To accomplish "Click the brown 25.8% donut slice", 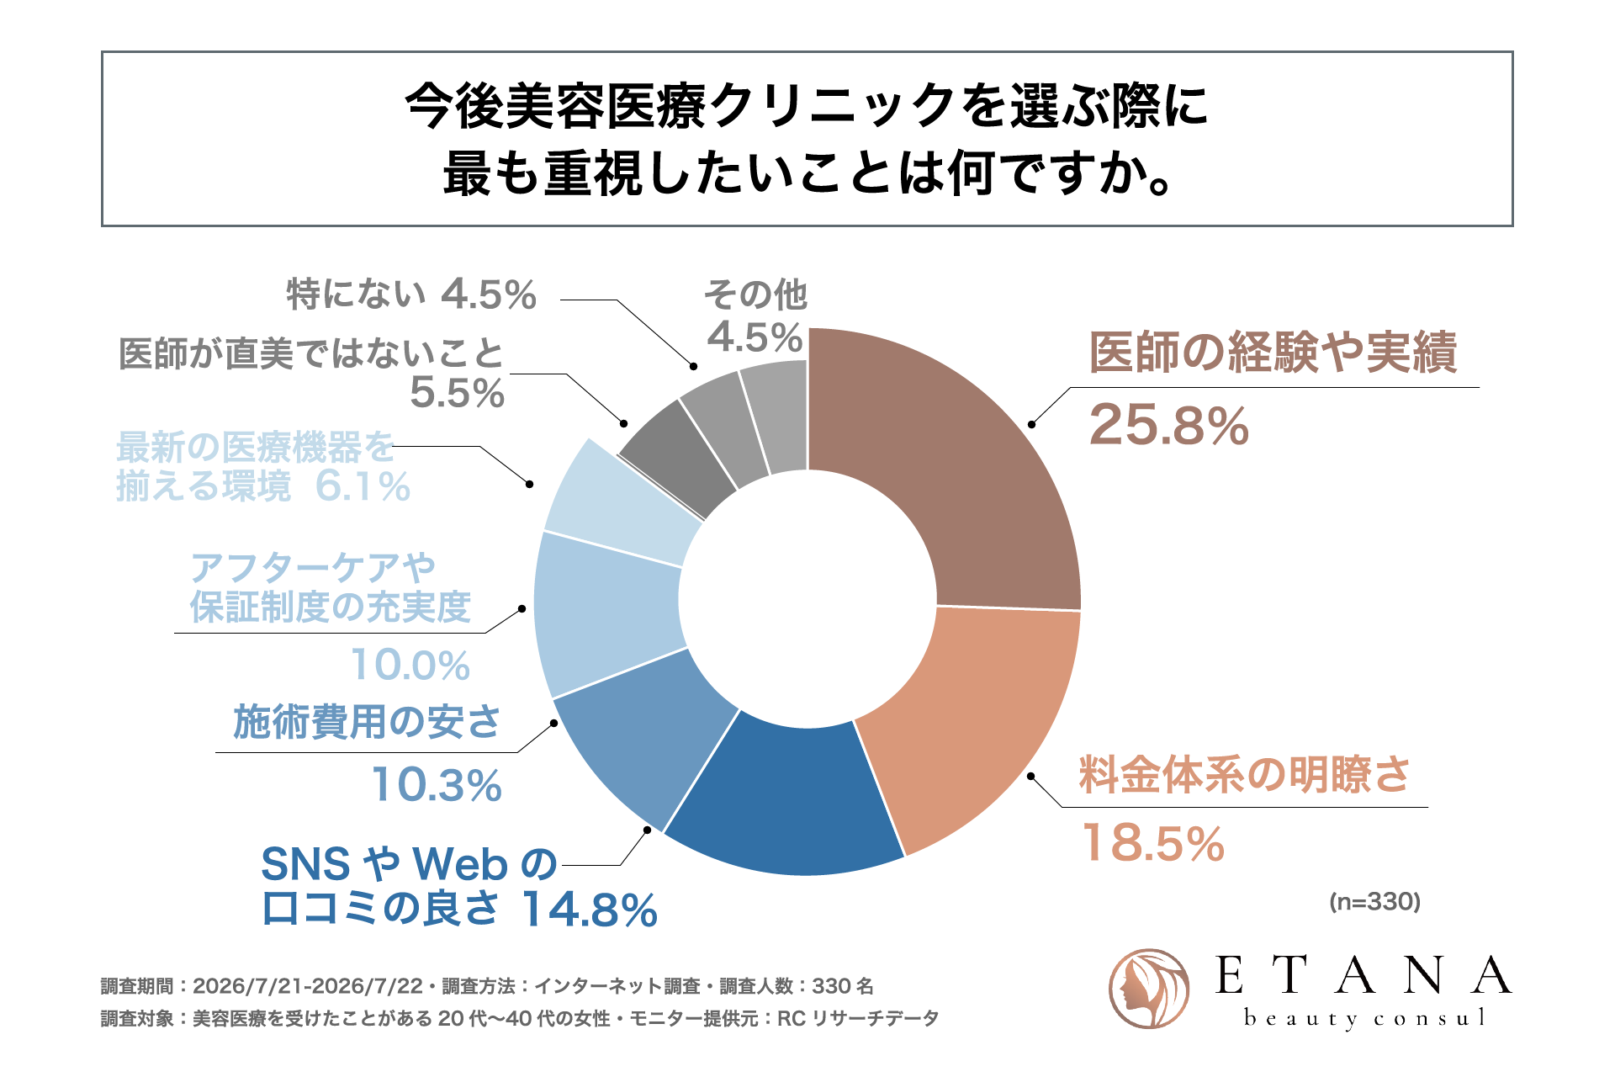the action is click(967, 471).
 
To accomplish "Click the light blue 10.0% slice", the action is click(606, 614).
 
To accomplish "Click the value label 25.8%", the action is click(1168, 426).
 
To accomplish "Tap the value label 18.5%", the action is click(1152, 843).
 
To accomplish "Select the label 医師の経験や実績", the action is click(1273, 352).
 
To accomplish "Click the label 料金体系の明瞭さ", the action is click(1244, 774).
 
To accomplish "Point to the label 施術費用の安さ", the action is click(367, 722).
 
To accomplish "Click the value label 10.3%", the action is click(437, 785).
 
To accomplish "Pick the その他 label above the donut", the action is click(755, 294).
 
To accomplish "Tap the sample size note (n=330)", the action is click(1374, 902).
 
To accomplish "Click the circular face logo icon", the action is click(1149, 989).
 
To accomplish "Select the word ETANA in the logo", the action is click(1363, 975).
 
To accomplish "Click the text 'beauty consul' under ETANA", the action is click(1364, 1018).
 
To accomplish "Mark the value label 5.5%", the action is click(457, 393).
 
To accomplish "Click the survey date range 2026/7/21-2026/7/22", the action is click(307, 986).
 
